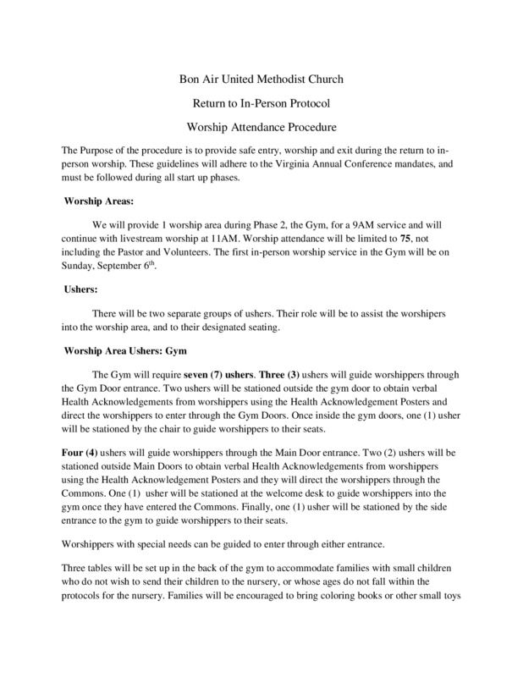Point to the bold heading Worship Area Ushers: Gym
pyautogui.click(x=128, y=350)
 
